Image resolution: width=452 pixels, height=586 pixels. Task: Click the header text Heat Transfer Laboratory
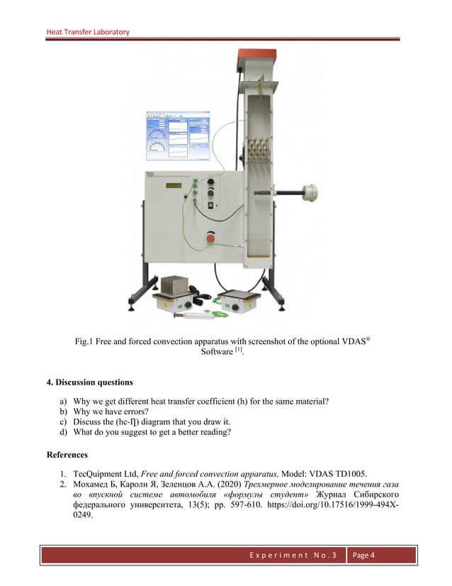(x=88, y=32)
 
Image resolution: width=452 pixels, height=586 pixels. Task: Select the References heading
(x=67, y=454)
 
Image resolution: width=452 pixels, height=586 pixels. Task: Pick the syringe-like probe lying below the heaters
(x=188, y=311)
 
